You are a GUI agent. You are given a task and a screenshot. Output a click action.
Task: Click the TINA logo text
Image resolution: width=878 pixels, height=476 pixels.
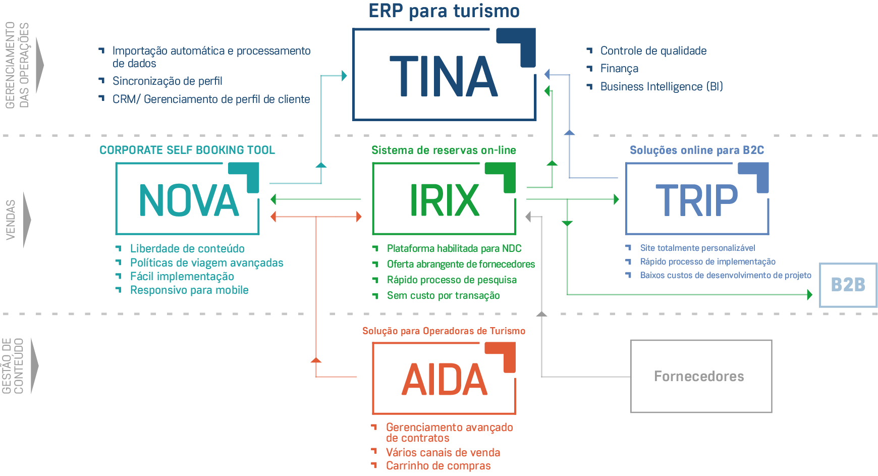(x=444, y=76)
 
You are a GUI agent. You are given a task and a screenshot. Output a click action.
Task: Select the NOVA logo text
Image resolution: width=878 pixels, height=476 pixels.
(x=189, y=200)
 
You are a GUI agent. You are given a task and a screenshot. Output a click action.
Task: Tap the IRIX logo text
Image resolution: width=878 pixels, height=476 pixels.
(x=444, y=200)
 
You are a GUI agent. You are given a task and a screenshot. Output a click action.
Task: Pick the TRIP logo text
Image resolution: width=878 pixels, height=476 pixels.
(x=696, y=200)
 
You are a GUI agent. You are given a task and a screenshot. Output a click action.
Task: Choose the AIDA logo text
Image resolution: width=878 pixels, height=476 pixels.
(x=444, y=380)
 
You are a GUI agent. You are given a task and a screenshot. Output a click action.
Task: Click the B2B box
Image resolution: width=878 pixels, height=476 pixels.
(x=848, y=285)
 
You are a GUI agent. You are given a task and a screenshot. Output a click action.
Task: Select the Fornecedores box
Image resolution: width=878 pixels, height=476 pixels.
(x=701, y=376)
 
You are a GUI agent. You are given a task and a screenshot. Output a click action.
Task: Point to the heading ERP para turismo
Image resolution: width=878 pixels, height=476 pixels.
(x=444, y=11)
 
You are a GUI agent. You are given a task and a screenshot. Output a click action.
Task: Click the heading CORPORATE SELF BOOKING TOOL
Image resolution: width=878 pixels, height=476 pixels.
(x=187, y=150)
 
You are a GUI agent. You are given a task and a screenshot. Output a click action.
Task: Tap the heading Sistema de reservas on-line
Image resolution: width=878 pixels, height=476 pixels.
(x=444, y=150)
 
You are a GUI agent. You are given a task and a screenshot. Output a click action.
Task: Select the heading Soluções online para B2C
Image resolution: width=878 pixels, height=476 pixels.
(x=697, y=150)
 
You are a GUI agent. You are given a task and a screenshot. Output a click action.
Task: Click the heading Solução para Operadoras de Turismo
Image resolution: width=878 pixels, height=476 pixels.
(x=444, y=331)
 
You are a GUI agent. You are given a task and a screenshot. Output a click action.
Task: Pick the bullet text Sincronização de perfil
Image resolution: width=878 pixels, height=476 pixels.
(x=167, y=81)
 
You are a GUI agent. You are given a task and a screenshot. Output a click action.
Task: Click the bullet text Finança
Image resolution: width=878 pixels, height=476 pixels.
(x=619, y=69)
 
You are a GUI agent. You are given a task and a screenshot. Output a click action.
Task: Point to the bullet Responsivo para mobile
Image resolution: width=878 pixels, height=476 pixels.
(x=189, y=290)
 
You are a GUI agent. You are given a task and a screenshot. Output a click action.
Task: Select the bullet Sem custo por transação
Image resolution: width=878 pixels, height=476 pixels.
(x=443, y=296)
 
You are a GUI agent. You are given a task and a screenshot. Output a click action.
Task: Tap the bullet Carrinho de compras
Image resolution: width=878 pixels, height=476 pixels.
(x=438, y=466)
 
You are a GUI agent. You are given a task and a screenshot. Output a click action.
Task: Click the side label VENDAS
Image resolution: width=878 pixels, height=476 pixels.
(x=11, y=220)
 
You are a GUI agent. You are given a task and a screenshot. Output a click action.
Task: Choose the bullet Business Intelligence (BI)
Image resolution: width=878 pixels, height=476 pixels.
(x=661, y=86)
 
